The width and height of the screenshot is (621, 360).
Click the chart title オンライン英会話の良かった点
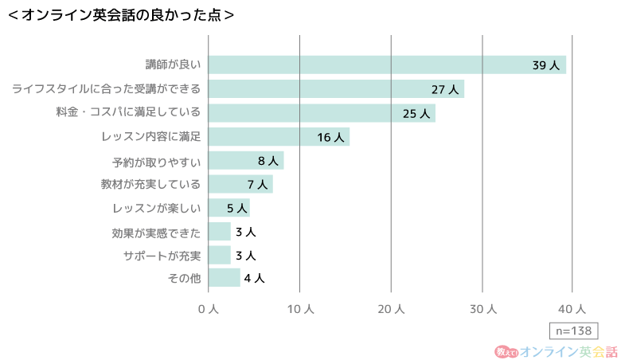click(120, 14)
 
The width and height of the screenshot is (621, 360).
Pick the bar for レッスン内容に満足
click(279, 137)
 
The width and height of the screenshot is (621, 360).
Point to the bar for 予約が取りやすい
click(246, 161)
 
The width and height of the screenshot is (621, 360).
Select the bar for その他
click(224, 278)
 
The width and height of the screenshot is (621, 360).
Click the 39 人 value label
click(546, 65)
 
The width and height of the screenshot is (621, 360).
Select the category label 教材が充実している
click(150, 185)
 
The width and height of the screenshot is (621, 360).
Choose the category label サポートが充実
click(162, 256)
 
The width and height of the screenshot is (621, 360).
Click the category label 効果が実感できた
click(156, 233)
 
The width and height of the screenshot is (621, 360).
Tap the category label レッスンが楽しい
click(156, 209)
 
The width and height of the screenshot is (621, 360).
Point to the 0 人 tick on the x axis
click(208, 309)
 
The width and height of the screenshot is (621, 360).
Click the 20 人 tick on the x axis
click(391, 309)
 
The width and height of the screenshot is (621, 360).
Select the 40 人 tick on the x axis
click(573, 309)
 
